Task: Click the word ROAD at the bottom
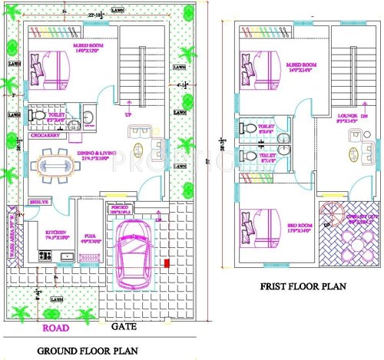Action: (55, 328)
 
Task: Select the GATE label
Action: (123, 327)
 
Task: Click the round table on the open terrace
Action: (354, 249)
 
